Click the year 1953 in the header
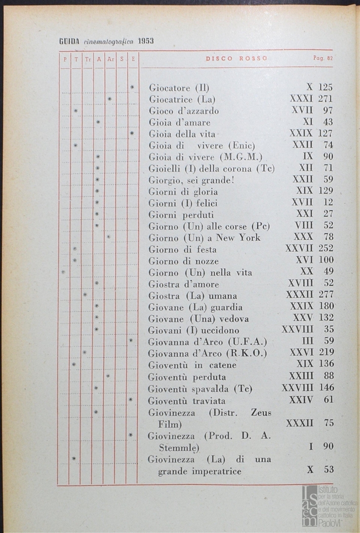click(146, 41)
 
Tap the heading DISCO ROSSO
click(237, 58)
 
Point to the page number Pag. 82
click(323, 58)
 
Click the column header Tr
click(87, 59)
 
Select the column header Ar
click(110, 59)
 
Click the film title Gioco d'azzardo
click(184, 111)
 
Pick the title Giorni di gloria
click(183, 191)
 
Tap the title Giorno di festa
click(183, 249)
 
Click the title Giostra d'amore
click(184, 284)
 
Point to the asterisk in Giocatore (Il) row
click(132, 87)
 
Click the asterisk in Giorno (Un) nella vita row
click(63, 272)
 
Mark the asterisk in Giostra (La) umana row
click(85, 295)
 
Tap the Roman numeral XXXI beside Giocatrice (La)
click(301, 99)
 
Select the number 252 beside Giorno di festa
click(326, 249)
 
